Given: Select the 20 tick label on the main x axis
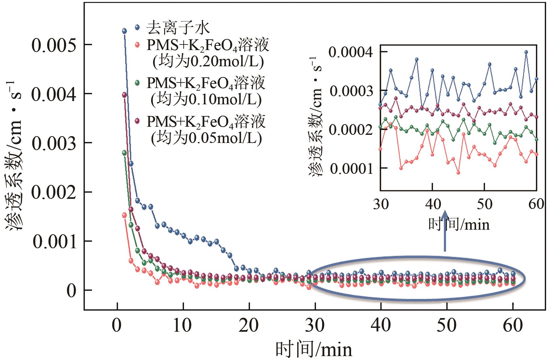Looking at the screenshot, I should point(249,325).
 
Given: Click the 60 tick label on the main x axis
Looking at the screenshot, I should point(513,325).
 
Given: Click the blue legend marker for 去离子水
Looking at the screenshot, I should point(137,27).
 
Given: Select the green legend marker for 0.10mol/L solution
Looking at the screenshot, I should point(137,83).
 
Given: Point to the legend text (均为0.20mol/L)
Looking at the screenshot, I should point(208,61).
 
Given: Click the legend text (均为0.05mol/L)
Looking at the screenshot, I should point(206,138).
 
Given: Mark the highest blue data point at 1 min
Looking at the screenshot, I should point(124,31).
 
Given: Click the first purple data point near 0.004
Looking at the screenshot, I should point(124,95).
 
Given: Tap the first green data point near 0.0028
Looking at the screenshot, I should point(124,153).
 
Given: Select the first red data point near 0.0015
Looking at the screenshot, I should point(124,215).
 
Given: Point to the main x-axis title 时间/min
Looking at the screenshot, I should point(314,349).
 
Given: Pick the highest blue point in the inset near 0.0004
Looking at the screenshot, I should point(526,52).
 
